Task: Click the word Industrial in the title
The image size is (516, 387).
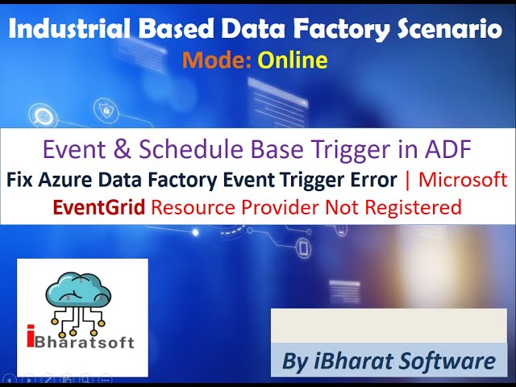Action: click(61, 30)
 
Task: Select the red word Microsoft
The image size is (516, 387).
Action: click(460, 179)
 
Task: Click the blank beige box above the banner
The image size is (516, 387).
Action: click(389, 324)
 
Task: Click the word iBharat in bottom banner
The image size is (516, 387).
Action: click(351, 361)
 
